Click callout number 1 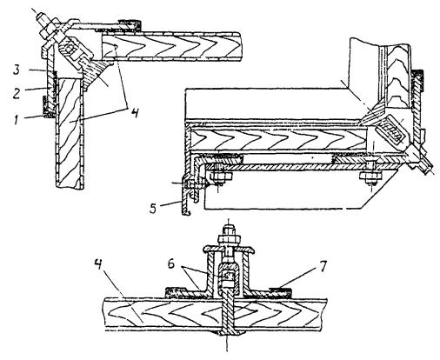(x=17, y=119)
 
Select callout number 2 (x=17, y=93)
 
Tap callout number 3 (x=17, y=70)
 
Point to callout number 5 (x=154, y=208)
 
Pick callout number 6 (x=171, y=265)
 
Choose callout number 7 (x=323, y=266)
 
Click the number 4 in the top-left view (x=133, y=112)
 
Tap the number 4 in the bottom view (x=99, y=264)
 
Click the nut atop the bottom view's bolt (x=227, y=239)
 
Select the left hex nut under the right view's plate (x=220, y=176)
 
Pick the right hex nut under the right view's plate (x=370, y=176)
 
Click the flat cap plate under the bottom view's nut (x=228, y=249)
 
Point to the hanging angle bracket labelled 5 (x=185, y=199)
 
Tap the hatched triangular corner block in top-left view (x=97, y=73)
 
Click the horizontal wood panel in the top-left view (x=171, y=46)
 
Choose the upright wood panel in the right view (x=399, y=76)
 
